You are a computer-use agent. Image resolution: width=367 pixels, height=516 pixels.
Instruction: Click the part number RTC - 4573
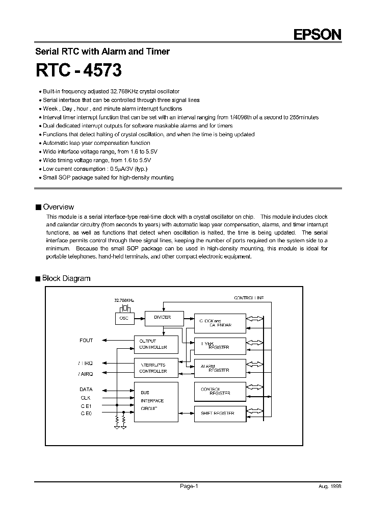78,70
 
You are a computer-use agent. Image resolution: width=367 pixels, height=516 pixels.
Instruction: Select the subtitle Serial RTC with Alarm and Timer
102,51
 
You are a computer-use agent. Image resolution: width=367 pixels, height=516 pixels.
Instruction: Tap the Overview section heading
58,207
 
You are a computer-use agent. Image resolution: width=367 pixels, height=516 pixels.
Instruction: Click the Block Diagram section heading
66,278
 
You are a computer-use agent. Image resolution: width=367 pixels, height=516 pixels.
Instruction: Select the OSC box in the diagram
124,318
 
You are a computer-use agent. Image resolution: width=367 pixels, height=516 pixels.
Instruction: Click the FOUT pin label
86,340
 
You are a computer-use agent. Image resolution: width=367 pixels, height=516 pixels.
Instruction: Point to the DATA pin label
87,389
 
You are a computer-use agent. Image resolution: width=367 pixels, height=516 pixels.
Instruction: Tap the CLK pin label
85,398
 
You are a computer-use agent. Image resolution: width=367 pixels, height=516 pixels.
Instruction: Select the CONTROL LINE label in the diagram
249,297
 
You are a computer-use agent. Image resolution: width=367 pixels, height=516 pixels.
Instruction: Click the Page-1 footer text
189,486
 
